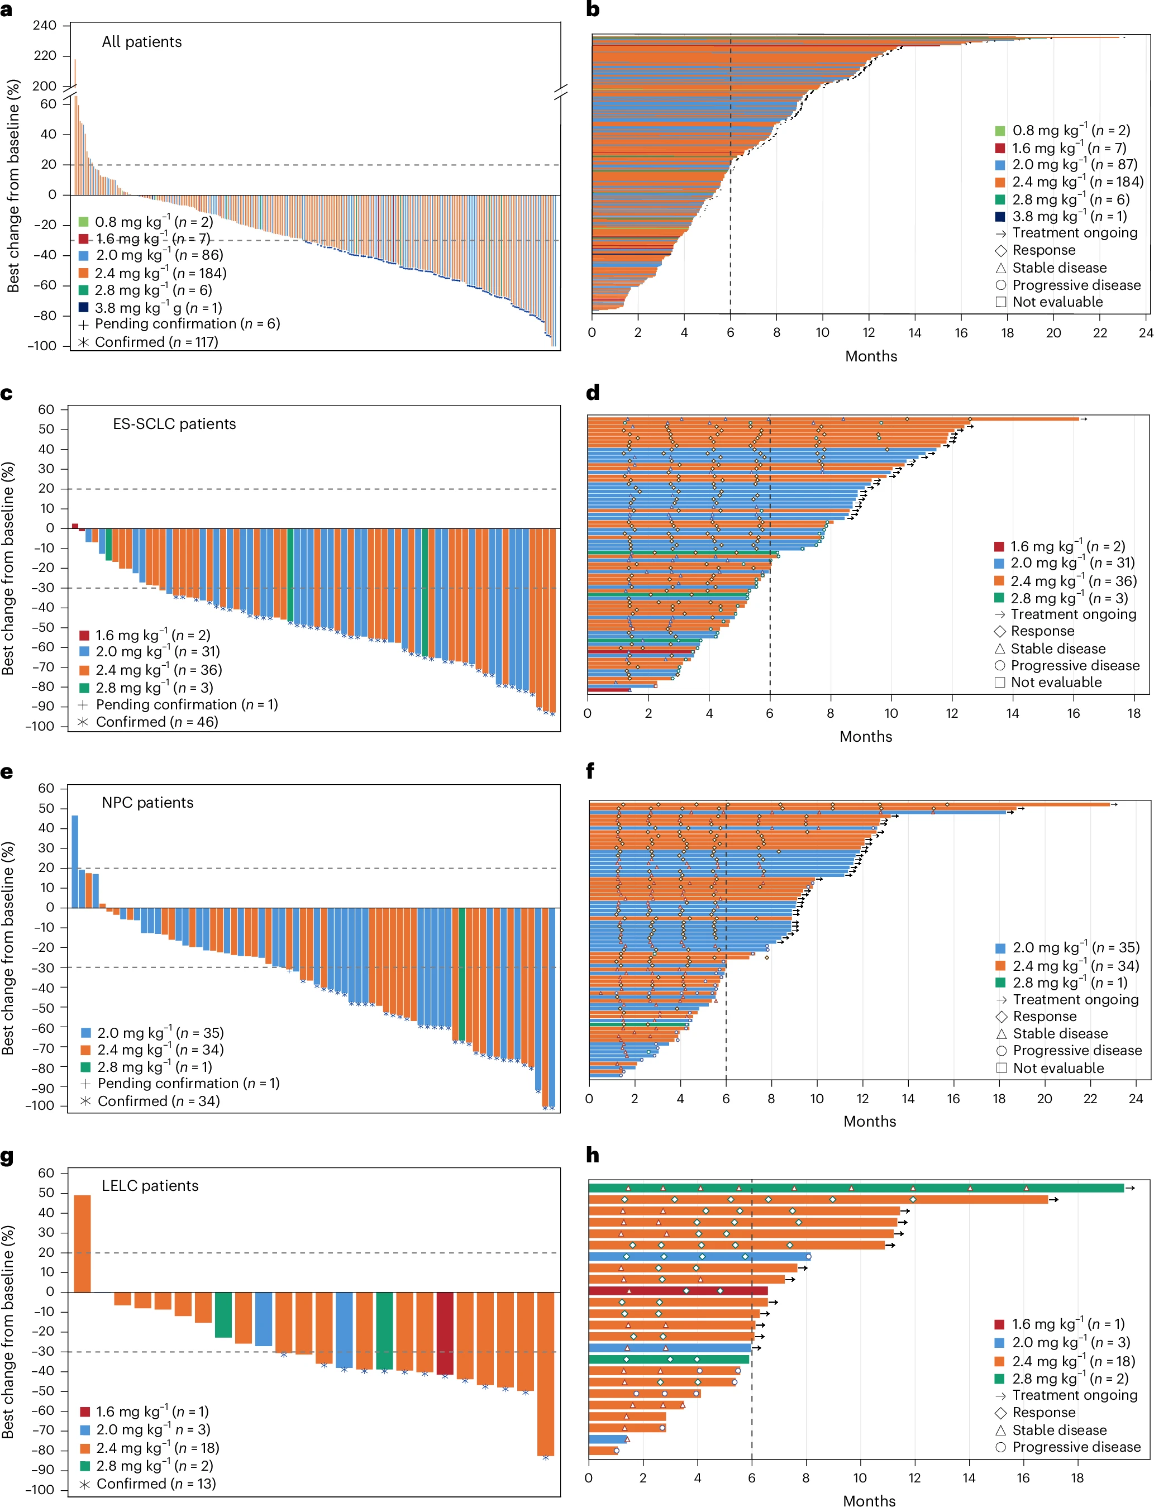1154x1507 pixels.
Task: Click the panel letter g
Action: (7, 1157)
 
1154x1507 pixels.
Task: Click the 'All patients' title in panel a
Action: (141, 42)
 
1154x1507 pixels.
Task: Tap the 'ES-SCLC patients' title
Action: (174, 424)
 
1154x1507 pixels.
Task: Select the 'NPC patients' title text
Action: (147, 802)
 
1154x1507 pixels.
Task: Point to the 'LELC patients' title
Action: (150, 1185)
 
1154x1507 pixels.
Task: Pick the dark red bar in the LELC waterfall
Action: (445, 1333)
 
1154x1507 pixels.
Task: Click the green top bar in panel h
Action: (855, 1188)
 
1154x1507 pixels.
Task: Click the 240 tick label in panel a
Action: (45, 25)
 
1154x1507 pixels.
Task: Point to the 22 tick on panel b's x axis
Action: (1100, 333)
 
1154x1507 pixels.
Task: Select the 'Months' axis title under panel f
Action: (870, 1121)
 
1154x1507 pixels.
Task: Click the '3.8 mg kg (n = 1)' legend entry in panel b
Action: (1069, 216)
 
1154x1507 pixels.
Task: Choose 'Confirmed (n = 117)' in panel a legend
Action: (156, 342)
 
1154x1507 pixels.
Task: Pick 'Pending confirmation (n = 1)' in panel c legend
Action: (186, 705)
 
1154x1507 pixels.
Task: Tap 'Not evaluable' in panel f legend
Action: (1058, 1068)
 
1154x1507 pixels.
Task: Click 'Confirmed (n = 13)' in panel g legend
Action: (156, 1484)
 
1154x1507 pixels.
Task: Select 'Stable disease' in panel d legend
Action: (1058, 648)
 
